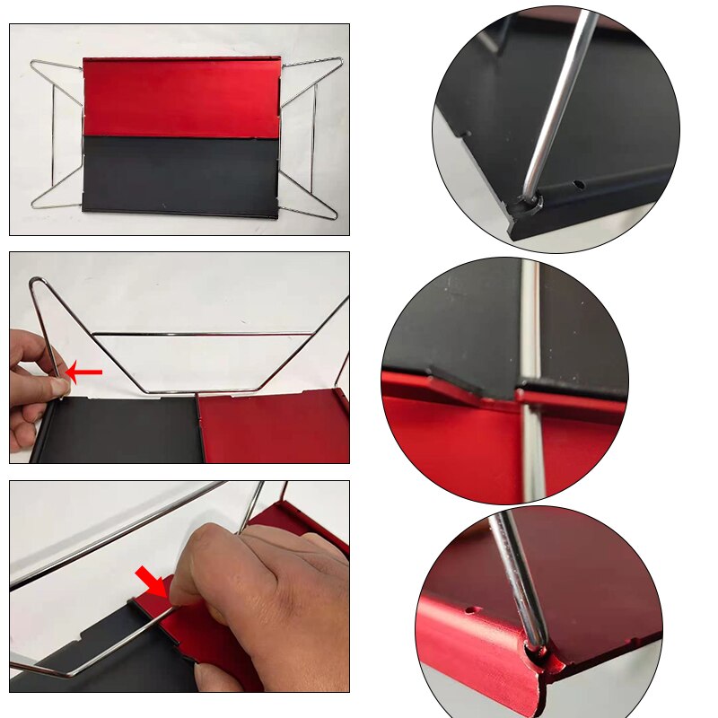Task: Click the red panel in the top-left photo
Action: click(x=179, y=97)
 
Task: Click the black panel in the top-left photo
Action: click(x=179, y=176)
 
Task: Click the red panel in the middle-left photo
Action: click(x=269, y=426)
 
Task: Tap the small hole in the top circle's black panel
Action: click(x=579, y=184)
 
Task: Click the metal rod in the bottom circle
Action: click(x=521, y=574)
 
